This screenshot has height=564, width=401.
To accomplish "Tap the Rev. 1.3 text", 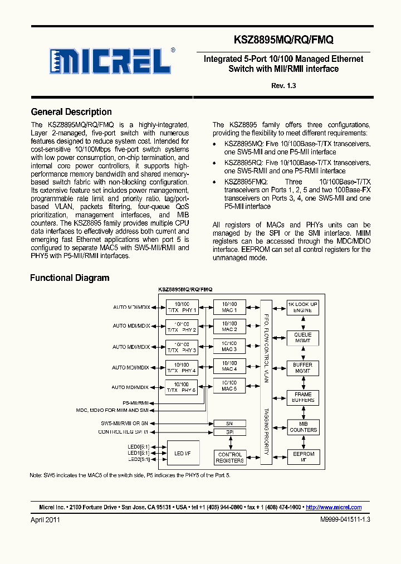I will pos(283,85).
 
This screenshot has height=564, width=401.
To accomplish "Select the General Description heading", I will pos(71,112).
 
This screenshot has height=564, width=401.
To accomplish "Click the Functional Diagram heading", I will pos(70,278).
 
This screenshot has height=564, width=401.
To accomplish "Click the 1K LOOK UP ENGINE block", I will pos(302,307).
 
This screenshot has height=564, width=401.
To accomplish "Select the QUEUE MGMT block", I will pos(302,338).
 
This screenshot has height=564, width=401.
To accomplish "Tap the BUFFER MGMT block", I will pos(302,368).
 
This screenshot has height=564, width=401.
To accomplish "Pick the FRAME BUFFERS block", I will pos(302,397).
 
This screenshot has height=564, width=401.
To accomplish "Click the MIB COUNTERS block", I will pos(302,427).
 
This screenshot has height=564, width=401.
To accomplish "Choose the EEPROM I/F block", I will pos(302,457).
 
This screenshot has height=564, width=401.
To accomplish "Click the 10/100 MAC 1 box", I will pos(229,307).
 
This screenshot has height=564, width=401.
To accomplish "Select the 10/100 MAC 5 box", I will pos(229,386).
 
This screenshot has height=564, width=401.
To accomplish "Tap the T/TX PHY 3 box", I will pos(182,347).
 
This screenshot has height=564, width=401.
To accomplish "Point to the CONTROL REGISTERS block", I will pos(229,458).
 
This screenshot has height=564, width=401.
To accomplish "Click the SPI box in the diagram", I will pos(229,432).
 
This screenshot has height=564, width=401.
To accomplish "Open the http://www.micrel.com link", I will pos(334,507).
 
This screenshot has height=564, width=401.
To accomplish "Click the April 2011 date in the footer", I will pos(45,519).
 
